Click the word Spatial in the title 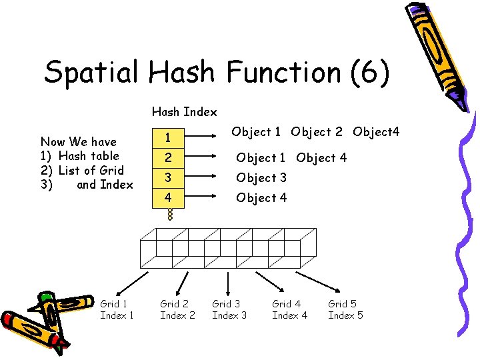92,72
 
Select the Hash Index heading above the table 184,111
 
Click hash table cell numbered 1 169,138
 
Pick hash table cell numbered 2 169,158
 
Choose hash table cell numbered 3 169,178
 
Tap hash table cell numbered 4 169,198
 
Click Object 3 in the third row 261,178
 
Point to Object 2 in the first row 317,132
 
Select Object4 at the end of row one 376,132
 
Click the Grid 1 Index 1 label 117,309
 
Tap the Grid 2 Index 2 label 177,309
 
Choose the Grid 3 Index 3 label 229,309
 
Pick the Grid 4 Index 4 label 289,309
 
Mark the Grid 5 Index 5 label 345,309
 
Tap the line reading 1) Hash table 80,156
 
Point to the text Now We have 79,141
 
